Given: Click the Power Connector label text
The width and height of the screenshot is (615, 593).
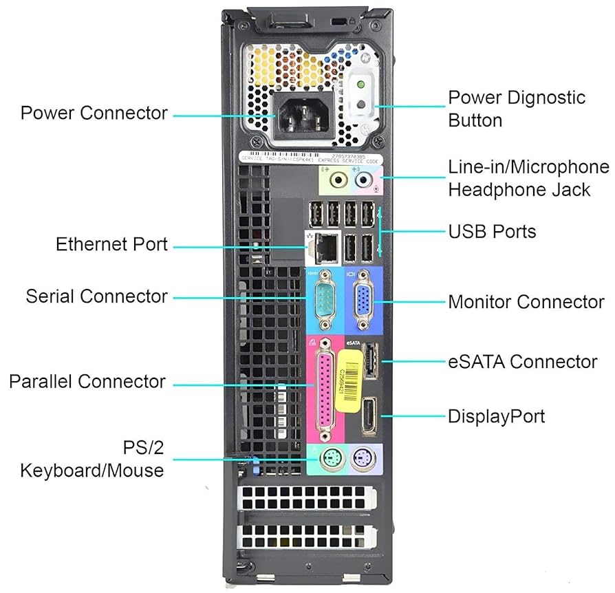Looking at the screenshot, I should [x=94, y=113].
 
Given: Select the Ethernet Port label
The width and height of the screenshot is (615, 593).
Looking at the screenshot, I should [x=111, y=244].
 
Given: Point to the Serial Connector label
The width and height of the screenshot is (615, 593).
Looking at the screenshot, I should [x=96, y=296].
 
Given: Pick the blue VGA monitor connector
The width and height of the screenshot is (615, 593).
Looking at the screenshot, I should [x=360, y=301].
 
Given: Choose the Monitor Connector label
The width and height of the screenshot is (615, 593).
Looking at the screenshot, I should [x=526, y=301].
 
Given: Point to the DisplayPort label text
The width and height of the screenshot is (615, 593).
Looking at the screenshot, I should [x=496, y=416].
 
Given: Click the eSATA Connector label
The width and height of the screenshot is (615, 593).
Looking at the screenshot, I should [x=522, y=361].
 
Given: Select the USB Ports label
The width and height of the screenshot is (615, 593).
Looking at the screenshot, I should [x=492, y=231].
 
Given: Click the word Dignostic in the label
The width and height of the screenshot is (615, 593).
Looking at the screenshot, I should [x=543, y=97].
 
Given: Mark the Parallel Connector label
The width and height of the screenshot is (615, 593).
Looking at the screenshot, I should [x=87, y=381].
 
